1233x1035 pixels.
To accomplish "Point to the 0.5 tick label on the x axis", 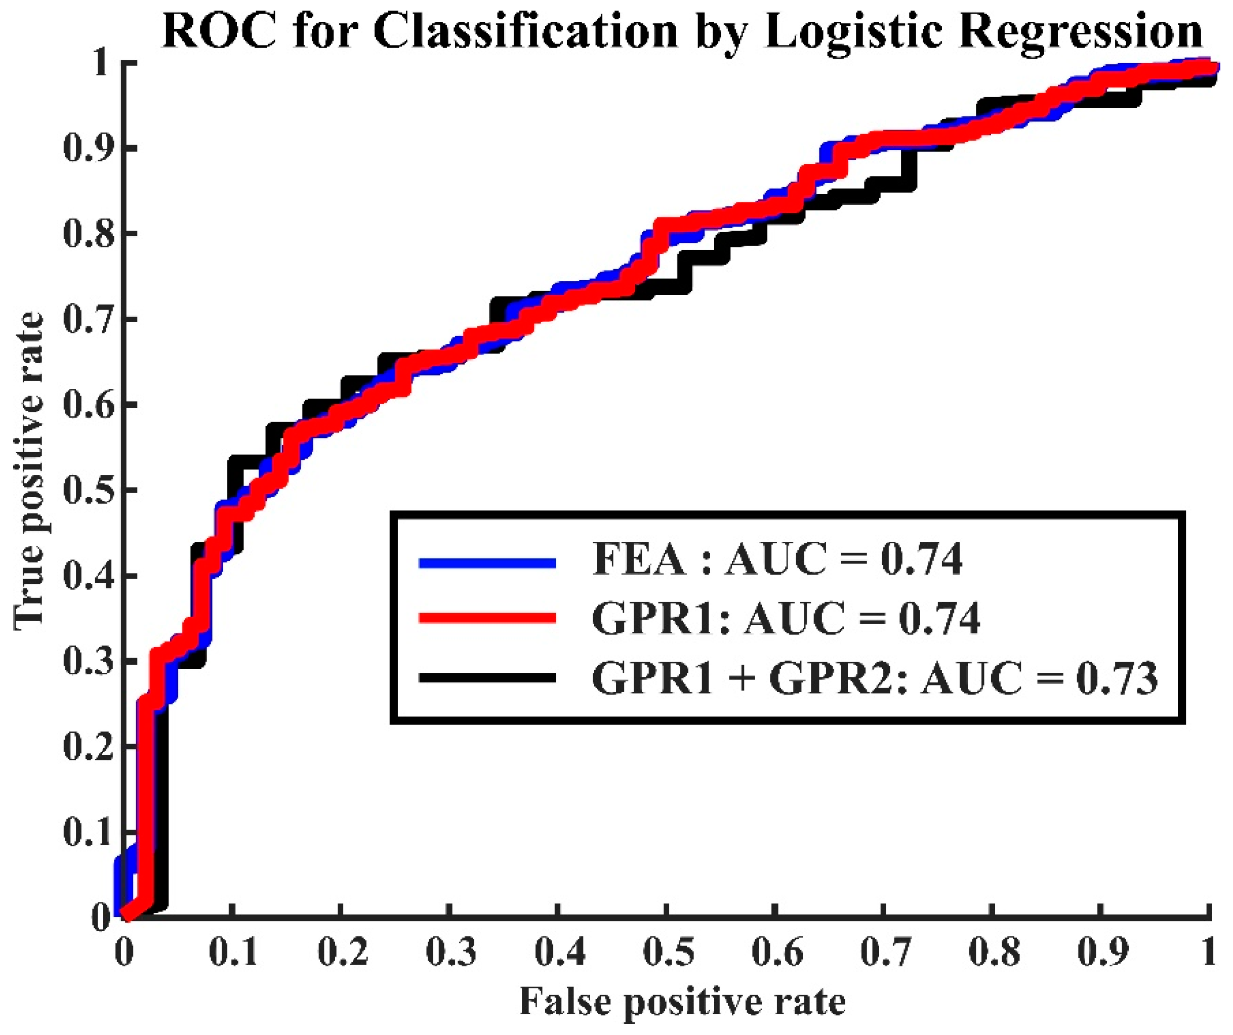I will coord(668,952).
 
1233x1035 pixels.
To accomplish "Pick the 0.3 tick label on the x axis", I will coord(451,952).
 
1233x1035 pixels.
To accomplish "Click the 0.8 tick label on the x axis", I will coord(994,952).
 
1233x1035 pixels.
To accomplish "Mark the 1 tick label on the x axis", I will coord(1207,952).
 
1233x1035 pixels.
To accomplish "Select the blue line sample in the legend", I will coord(487,563).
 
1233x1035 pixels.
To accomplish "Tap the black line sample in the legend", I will coord(487,678).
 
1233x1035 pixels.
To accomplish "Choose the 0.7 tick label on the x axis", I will coord(885,952).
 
